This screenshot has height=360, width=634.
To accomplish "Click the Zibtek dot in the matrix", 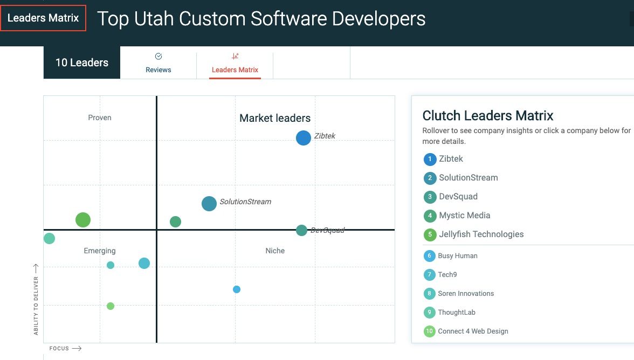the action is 303,138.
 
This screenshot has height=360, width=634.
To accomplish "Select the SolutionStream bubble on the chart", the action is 209,204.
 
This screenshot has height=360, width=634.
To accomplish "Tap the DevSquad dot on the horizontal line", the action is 301,230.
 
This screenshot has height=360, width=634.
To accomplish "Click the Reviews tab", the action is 158,63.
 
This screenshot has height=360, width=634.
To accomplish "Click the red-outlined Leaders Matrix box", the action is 43,18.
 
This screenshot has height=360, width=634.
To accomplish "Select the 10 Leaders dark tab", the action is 82,63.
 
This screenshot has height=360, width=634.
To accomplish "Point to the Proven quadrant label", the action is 99,117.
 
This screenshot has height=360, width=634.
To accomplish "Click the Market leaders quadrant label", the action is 275,118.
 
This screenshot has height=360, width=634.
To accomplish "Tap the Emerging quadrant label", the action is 99,251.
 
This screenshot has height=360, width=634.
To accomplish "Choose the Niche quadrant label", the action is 275,251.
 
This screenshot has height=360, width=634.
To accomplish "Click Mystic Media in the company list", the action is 465,216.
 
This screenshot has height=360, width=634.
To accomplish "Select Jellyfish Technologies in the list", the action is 481,234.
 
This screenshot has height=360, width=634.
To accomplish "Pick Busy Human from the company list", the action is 458,256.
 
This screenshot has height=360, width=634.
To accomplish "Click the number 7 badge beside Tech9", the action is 429,275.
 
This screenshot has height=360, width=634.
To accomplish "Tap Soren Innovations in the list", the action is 466,293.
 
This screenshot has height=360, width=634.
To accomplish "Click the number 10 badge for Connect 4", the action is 429,331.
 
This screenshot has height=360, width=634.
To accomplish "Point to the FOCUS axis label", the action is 59,348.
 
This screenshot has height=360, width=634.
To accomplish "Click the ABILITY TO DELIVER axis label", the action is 36,306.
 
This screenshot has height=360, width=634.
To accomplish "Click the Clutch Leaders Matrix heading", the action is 487,115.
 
